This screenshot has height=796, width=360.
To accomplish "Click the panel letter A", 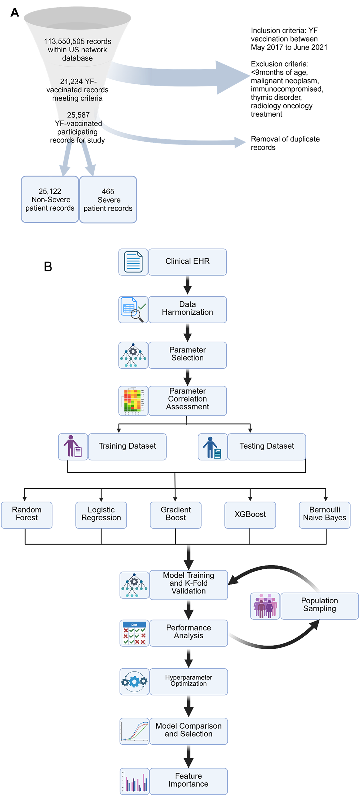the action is [15, 13].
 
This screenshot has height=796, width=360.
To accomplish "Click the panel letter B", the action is [48, 266].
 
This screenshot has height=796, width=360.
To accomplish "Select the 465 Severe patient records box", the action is [108, 200].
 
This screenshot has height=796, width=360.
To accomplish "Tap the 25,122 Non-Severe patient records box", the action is [50, 199].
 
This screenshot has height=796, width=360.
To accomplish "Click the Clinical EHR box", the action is [187, 262].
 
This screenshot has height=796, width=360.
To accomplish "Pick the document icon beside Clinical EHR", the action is [133, 262].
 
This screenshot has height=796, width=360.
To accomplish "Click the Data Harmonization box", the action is [187, 310].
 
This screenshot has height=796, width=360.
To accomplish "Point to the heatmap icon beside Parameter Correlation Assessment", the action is [133, 401].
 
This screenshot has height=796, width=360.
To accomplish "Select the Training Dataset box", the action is [127, 446].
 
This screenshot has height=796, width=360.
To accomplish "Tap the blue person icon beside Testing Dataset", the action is [213, 446].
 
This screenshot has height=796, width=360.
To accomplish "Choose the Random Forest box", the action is [26, 515].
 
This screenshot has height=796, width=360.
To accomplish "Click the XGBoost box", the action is [250, 515].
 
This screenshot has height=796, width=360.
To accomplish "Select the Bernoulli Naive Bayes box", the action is [324, 515].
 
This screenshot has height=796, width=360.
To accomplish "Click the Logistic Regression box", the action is [101, 515].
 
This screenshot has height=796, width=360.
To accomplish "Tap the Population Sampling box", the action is [319, 606].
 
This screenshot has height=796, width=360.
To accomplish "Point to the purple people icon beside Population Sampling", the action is [265, 606].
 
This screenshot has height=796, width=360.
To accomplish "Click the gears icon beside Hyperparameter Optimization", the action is [134, 682].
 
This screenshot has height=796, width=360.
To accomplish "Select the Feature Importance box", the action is [189, 781].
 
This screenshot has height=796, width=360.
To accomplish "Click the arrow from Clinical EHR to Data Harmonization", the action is [187, 285].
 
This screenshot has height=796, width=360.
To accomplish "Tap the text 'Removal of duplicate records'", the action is [285, 143].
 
